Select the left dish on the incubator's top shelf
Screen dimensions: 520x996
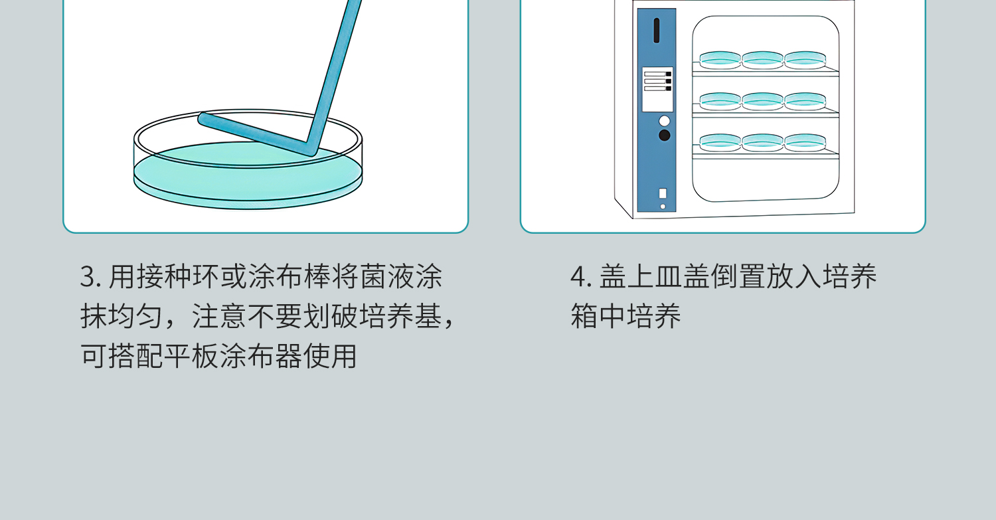click(720, 60)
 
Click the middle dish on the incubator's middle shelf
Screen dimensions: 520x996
click(762, 101)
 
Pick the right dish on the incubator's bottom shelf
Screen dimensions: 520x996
click(805, 142)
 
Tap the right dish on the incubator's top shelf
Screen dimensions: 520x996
click(805, 60)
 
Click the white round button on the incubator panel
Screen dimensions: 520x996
click(664, 121)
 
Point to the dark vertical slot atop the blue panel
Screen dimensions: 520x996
click(657, 31)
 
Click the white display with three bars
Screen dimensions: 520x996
click(657, 89)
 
